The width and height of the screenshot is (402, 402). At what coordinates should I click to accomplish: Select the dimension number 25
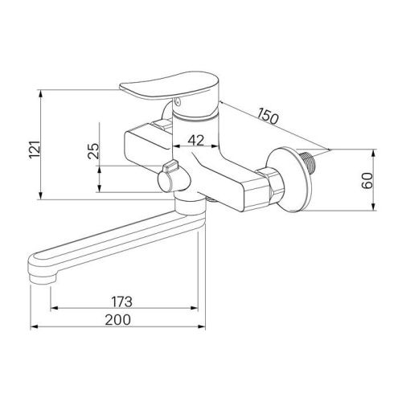click(93, 151)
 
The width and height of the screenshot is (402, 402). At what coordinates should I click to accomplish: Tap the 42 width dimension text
click(195, 139)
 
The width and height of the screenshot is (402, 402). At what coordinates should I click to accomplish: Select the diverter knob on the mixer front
click(169, 169)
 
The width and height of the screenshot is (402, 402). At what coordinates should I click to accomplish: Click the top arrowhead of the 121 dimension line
click(40, 92)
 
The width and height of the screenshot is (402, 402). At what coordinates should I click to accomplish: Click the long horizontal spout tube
click(113, 237)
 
